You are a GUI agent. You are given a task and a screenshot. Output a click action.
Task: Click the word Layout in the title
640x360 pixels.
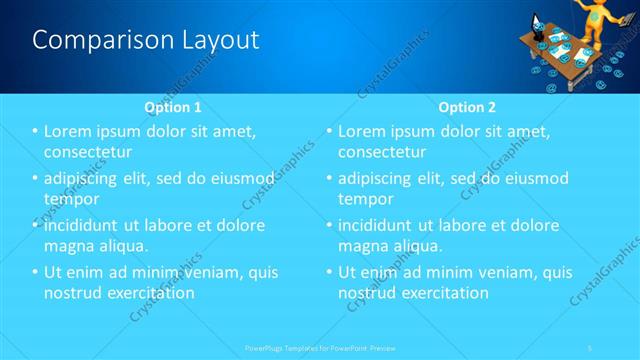coord(214,40)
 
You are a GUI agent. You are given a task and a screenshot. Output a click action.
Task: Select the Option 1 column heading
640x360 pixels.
coord(173,107)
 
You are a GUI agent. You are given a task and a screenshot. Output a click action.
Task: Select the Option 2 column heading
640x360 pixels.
coord(467,107)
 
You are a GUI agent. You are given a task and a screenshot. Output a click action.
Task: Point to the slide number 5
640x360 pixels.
coord(592,347)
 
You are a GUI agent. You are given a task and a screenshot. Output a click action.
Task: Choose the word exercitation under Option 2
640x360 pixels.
coord(443,293)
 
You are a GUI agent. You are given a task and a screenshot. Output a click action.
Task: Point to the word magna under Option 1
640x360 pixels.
coord(70,245)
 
